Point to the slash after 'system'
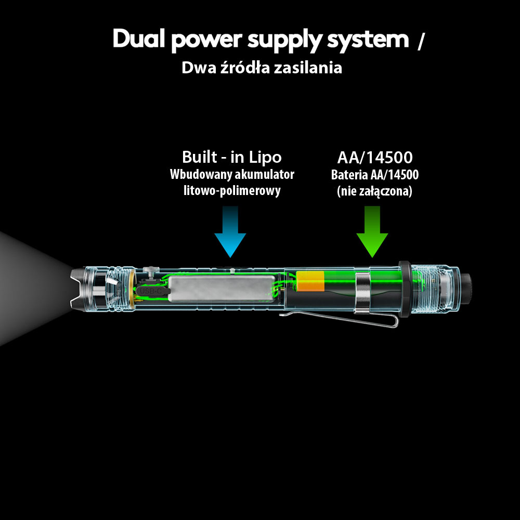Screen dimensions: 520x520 click(x=420, y=42)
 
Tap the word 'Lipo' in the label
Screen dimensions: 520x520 click(x=265, y=157)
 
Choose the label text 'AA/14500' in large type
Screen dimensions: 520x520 click(x=374, y=157)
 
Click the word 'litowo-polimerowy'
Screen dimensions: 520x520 click(x=232, y=190)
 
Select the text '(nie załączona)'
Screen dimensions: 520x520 click(x=374, y=191)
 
